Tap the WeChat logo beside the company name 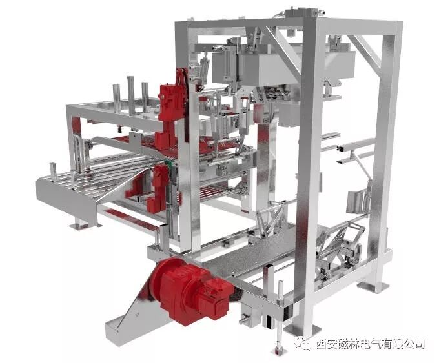pos(304,343)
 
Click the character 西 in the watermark pos(323,344)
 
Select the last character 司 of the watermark pos(418,344)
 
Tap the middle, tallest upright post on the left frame pos(131,95)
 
